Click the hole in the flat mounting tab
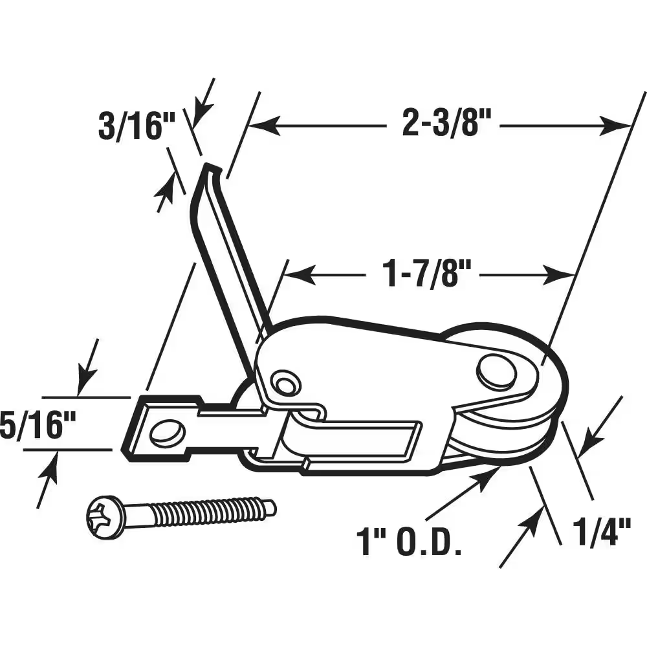[167, 432]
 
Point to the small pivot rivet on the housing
[284, 383]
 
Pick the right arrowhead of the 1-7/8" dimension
[565, 274]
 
